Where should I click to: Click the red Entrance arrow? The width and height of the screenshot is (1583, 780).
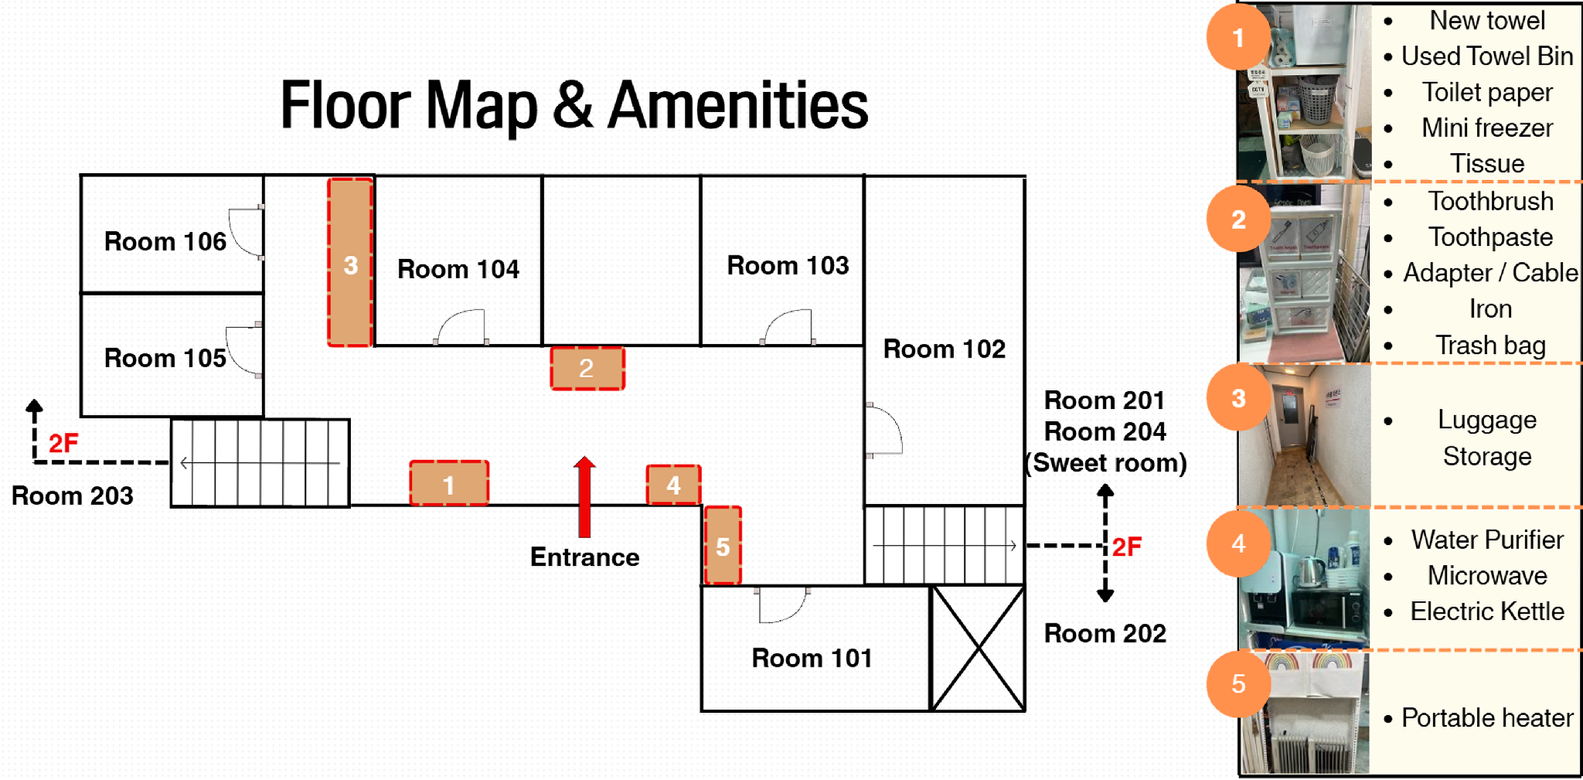[x=584, y=496]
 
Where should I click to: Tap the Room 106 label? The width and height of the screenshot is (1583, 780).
[x=165, y=241]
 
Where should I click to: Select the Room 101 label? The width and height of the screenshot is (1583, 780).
[x=812, y=658]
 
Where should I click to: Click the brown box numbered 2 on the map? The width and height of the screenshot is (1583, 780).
[x=587, y=368]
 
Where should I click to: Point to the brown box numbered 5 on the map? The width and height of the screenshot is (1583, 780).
[x=723, y=546]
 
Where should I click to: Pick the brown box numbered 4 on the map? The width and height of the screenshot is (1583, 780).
[x=673, y=485]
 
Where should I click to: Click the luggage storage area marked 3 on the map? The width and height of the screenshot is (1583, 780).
[x=350, y=262]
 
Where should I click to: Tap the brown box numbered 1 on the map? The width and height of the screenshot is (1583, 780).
[x=449, y=483]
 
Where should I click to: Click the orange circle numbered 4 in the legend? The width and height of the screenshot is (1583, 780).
[x=1238, y=543]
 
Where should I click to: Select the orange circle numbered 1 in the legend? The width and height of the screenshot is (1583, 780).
[x=1238, y=37]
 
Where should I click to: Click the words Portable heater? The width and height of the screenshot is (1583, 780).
[x=1487, y=718]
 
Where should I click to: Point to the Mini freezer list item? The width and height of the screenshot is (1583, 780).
[x=1487, y=128]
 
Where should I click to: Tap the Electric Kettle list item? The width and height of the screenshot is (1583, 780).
[x=1487, y=611]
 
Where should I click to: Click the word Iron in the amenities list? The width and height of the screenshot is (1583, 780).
[x=1490, y=309]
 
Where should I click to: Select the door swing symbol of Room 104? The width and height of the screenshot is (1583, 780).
[x=461, y=326]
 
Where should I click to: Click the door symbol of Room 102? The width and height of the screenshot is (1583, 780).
[x=883, y=431]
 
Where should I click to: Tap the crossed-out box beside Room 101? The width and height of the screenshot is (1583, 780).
[x=978, y=648]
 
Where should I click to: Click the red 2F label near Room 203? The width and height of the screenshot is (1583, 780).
[x=63, y=444]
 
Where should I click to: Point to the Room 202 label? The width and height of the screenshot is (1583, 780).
[x=1105, y=634]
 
